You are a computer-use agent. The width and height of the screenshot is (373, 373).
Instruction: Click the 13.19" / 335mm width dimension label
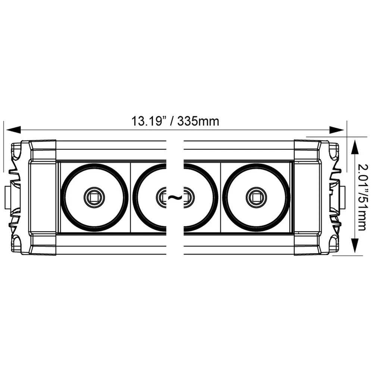[175, 121]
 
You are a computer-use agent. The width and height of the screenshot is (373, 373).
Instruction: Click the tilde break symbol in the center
[175, 197]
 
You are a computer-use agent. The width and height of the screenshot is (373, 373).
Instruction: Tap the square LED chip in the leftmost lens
[94, 197]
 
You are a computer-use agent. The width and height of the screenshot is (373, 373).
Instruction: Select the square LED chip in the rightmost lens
[256, 197]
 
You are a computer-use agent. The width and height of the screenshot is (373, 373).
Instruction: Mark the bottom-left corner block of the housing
[42, 244]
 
